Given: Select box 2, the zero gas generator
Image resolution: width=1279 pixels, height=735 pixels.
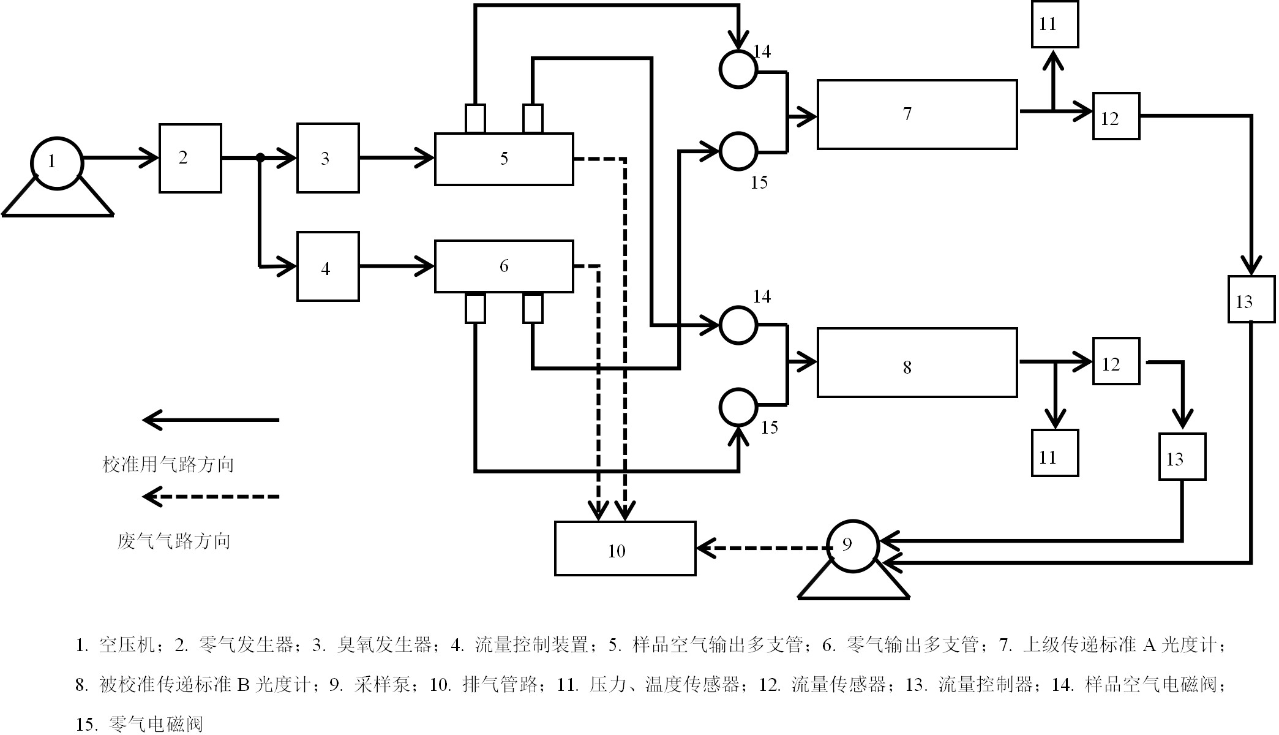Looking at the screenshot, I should pyautogui.click(x=190, y=159).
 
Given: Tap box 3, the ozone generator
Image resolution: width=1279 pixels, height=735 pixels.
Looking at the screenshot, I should pyautogui.click(x=328, y=159).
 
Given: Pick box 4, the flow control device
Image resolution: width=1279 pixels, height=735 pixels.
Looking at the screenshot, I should pyautogui.click(x=328, y=267).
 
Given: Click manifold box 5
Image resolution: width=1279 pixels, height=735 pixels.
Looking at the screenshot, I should pyautogui.click(x=504, y=159).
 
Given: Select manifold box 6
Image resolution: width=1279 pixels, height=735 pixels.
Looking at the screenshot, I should pyautogui.click(x=504, y=266).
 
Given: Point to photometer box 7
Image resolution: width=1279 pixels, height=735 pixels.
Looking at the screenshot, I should pyautogui.click(x=917, y=115).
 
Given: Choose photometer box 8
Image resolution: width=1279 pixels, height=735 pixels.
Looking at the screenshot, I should pyautogui.click(x=917, y=363).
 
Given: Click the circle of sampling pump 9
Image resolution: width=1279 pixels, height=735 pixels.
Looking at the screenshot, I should pyautogui.click(x=852, y=546).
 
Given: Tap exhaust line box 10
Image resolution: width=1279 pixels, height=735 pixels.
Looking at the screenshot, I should pyautogui.click(x=625, y=549).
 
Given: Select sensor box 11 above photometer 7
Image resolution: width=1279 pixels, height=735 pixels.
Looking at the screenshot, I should pyautogui.click(x=1054, y=24).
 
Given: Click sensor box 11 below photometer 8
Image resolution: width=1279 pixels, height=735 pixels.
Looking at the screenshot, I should pyautogui.click(x=1054, y=453).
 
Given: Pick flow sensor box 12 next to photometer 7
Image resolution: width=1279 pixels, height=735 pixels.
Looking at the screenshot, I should pyautogui.click(x=1116, y=116).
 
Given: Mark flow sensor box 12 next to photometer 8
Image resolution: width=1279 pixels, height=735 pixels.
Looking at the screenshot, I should pyautogui.click(x=1116, y=361).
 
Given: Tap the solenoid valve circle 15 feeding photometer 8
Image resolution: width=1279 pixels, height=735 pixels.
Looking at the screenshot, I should pyautogui.click(x=738, y=407).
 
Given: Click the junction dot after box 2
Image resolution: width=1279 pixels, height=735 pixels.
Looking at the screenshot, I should pyautogui.click(x=260, y=158).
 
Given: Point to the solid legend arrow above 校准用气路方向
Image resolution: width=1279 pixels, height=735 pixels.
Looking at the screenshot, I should pyautogui.click(x=211, y=420).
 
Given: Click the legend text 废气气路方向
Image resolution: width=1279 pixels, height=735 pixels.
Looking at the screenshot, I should pyautogui.click(x=174, y=541).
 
